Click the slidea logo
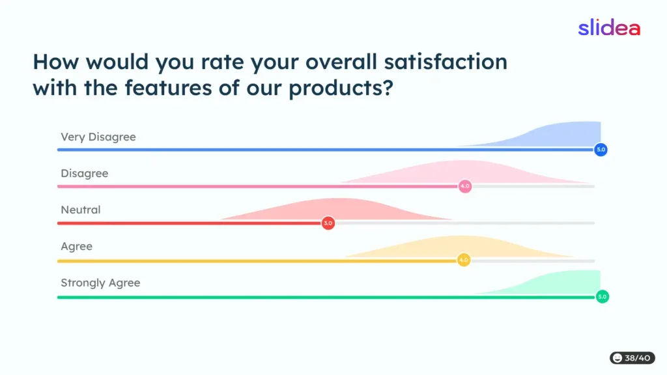[x=609, y=27]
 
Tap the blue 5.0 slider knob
[x=601, y=150]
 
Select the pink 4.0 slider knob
[x=465, y=186]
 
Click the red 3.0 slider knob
[x=328, y=223]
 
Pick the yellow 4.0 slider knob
[x=464, y=260]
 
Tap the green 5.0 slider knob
[x=603, y=296]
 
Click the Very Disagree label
[x=98, y=137]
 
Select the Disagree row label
[x=85, y=173]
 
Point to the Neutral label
[x=81, y=210]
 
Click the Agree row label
[x=77, y=247]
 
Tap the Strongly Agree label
[x=100, y=283]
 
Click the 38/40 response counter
[x=632, y=358]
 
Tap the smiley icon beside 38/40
[x=617, y=358]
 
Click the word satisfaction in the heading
[x=446, y=62]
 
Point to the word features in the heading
[x=169, y=88]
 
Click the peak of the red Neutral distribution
[x=336, y=199]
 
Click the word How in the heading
[x=56, y=62]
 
